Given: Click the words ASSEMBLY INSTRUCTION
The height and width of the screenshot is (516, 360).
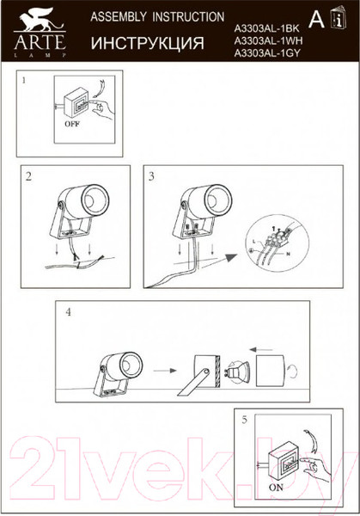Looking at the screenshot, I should (157, 17).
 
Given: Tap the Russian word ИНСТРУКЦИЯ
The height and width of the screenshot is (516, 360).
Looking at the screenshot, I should (147, 43).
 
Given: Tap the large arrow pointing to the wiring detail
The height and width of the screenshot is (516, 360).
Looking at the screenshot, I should (226, 258).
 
